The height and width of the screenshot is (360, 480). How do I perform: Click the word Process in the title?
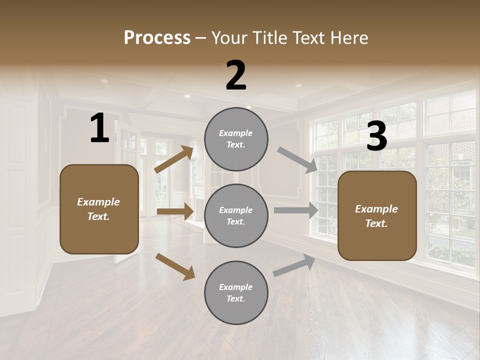pos(157,37)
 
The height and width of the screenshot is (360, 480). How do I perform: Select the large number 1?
pos(99,128)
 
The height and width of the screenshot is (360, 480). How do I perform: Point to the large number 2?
pos(236,75)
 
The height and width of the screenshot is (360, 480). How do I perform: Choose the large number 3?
pos(376,136)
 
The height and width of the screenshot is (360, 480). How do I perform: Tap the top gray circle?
pos(236,139)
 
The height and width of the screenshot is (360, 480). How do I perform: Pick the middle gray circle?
pos(236,216)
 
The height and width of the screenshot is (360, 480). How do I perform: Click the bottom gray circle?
pos(236,293)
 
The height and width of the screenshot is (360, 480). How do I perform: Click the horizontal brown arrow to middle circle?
pos(175,211)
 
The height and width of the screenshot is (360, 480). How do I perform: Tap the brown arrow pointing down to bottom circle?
pos(175,266)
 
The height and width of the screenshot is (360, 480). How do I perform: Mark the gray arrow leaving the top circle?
pos(297,160)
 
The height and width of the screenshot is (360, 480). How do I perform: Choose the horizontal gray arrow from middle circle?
pos(296,210)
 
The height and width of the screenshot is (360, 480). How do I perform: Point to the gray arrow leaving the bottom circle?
pos(294,265)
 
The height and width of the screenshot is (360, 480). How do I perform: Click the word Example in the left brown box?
pos(98,202)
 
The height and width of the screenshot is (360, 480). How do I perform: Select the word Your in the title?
pos(229,37)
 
